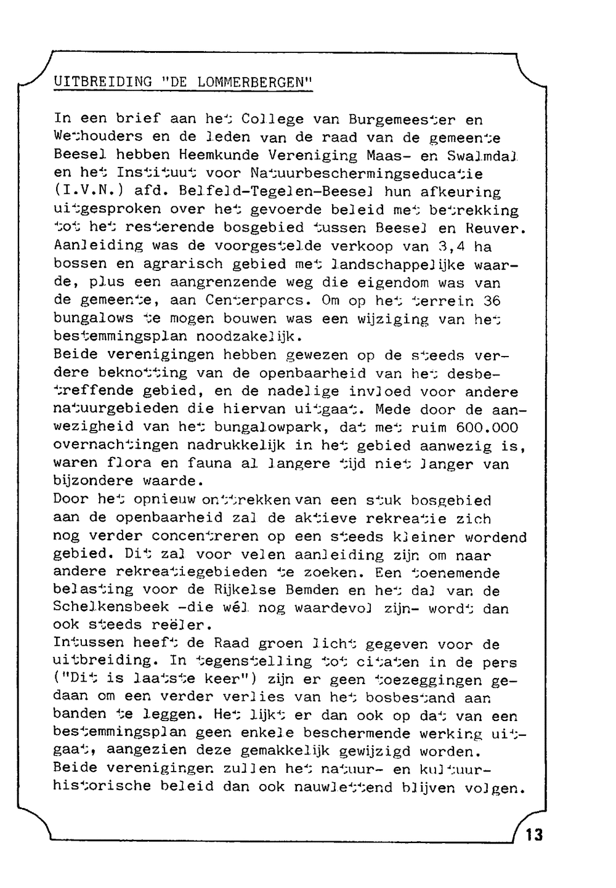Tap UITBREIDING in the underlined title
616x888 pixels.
(103, 81)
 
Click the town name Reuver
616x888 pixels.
(500, 228)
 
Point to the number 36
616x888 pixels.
(491, 302)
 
